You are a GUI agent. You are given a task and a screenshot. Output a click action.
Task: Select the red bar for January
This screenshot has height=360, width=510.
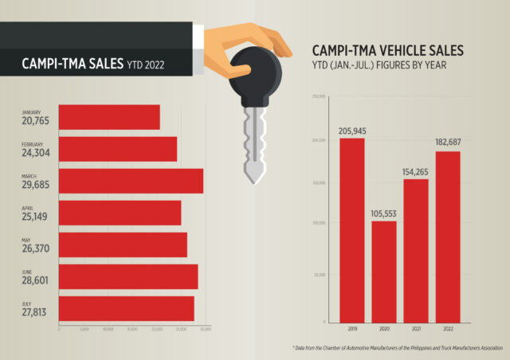[109, 117]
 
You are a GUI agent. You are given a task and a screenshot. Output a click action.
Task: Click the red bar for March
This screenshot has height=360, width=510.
[131, 181]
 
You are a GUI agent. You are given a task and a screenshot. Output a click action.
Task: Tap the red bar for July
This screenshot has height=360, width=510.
[126, 308]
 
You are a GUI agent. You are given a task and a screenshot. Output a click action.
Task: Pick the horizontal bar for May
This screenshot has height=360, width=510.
[123, 245]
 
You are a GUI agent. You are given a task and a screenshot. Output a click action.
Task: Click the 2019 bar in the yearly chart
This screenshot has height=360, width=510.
[352, 229]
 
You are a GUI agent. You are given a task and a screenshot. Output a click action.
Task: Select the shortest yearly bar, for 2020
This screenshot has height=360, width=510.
[384, 271]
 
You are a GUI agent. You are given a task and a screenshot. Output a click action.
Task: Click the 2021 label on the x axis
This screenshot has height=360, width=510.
[416, 329]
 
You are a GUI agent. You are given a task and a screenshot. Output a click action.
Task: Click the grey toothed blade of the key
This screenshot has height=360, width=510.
[254, 143]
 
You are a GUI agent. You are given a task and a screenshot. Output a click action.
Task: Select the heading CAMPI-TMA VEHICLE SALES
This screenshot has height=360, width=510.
[387, 53]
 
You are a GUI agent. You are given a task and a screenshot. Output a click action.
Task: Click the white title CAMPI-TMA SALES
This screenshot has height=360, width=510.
[71, 61]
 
